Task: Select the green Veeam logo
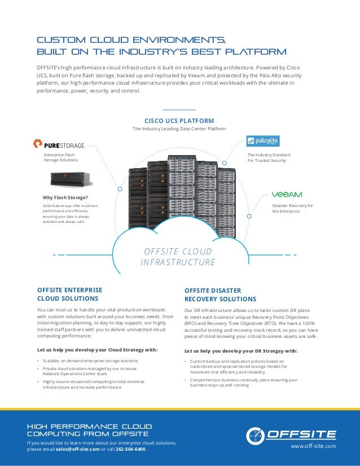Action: pos(287,194)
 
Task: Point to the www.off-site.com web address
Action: pos(313,446)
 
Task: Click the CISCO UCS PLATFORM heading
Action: pos(179,120)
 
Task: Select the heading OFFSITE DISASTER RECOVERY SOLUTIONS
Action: pos(220,294)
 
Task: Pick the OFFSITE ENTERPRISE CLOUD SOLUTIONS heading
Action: pos(69,294)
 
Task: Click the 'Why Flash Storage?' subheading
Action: pos(65,197)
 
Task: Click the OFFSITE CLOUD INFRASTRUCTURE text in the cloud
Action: pos(178,257)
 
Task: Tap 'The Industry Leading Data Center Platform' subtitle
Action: pos(179,129)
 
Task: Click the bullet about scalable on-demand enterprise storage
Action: pos(90,360)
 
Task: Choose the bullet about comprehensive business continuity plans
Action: pos(243,383)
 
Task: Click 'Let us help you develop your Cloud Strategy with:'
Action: pos(97,349)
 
